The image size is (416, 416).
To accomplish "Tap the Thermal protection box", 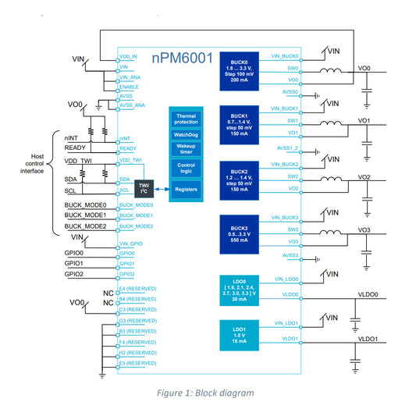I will [x=186, y=119].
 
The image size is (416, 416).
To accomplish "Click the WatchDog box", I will [x=186, y=135].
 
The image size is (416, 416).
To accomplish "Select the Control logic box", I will [x=186, y=169].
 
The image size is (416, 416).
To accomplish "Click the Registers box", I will [x=186, y=189].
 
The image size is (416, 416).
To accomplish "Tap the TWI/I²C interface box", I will [x=144, y=189].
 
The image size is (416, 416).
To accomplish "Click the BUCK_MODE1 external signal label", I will [x=85, y=215].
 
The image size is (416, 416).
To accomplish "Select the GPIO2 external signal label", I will [x=73, y=274].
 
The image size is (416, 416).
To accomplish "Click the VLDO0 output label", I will [x=367, y=294].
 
